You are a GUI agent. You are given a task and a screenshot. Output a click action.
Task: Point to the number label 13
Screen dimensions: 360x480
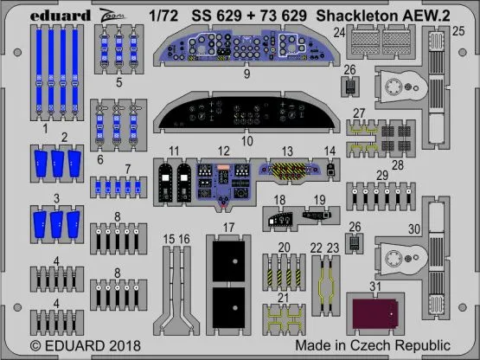[x=287, y=150]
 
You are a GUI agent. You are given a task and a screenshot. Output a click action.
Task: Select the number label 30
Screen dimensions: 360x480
[x=414, y=228]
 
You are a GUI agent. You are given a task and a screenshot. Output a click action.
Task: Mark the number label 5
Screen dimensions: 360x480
[x=118, y=85]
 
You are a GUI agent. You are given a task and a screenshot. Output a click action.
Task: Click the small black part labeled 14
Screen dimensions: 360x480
[x=330, y=170]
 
